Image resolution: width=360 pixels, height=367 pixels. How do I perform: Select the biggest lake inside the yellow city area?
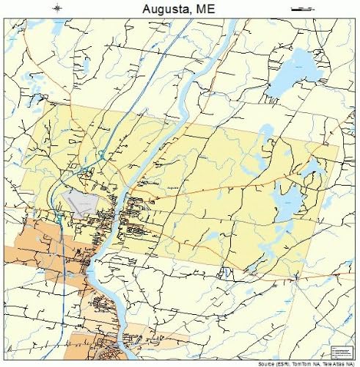point(287,198)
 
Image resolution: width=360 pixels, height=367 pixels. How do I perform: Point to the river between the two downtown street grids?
point(117,213)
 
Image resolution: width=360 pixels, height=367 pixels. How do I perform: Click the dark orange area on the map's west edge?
point(29,242)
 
